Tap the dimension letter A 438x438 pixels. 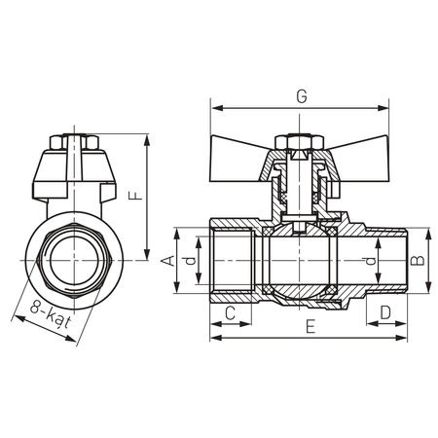coord(166,260)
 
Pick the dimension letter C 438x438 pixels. coord(230,313)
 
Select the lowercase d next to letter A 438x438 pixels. coord(193,260)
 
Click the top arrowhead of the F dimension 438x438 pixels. coord(146,139)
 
